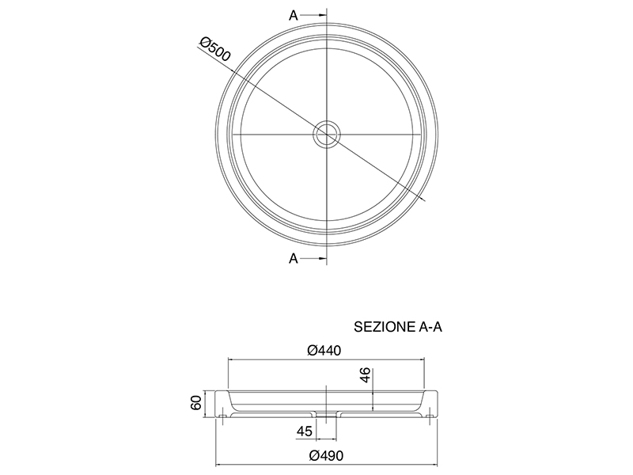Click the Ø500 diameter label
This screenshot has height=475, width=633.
tap(215, 49)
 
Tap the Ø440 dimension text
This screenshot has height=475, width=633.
tap(324, 350)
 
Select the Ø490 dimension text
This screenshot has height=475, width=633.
tap(326, 456)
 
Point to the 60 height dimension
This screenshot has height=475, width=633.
tap(196, 403)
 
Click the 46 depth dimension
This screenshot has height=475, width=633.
tap(365, 374)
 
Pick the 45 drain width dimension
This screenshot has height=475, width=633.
tap(305, 431)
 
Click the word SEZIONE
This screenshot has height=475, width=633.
tap(383, 327)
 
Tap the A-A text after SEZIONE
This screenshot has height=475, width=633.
tap(428, 327)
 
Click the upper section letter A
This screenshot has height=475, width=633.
tap(294, 15)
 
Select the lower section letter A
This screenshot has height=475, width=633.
tap(294, 258)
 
